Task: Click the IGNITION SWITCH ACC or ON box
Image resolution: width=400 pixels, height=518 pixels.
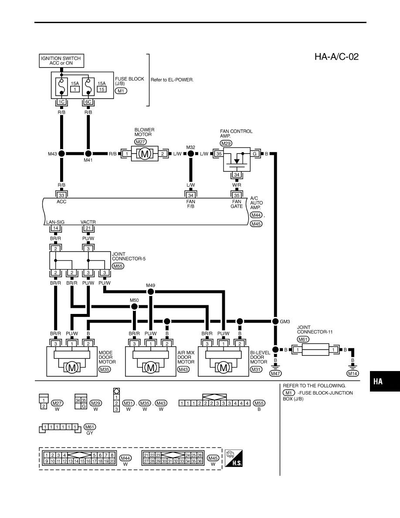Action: [61, 61]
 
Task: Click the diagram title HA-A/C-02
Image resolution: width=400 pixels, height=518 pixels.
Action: [336, 57]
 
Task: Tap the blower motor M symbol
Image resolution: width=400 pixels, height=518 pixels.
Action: [145, 154]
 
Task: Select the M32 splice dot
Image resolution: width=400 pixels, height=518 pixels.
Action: [191, 153]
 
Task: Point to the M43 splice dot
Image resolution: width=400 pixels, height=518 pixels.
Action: [61, 153]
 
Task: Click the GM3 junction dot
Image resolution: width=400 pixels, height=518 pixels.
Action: [275, 321]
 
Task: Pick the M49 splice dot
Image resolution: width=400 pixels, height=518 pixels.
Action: [150, 291]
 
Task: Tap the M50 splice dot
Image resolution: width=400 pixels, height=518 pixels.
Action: [134, 307]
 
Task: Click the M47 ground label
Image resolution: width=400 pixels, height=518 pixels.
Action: [275, 373]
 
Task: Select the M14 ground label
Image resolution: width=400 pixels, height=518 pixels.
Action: [353, 373]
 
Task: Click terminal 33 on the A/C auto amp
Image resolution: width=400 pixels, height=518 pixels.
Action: [61, 195]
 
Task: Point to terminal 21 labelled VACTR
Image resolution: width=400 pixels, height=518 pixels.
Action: [88, 228]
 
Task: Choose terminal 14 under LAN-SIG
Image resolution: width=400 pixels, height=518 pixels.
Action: [55, 228]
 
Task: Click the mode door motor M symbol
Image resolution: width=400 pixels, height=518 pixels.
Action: [72, 368]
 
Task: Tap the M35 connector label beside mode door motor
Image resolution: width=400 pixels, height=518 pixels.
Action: [105, 369]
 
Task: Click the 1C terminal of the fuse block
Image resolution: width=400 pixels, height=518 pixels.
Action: [61, 102]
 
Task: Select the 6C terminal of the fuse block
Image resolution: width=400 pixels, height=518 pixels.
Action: [88, 102]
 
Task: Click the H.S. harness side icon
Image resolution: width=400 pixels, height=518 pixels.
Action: [234, 458]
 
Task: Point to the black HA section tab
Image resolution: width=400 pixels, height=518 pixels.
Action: [385, 381]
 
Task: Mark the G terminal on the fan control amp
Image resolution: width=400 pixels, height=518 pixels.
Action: [254, 154]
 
